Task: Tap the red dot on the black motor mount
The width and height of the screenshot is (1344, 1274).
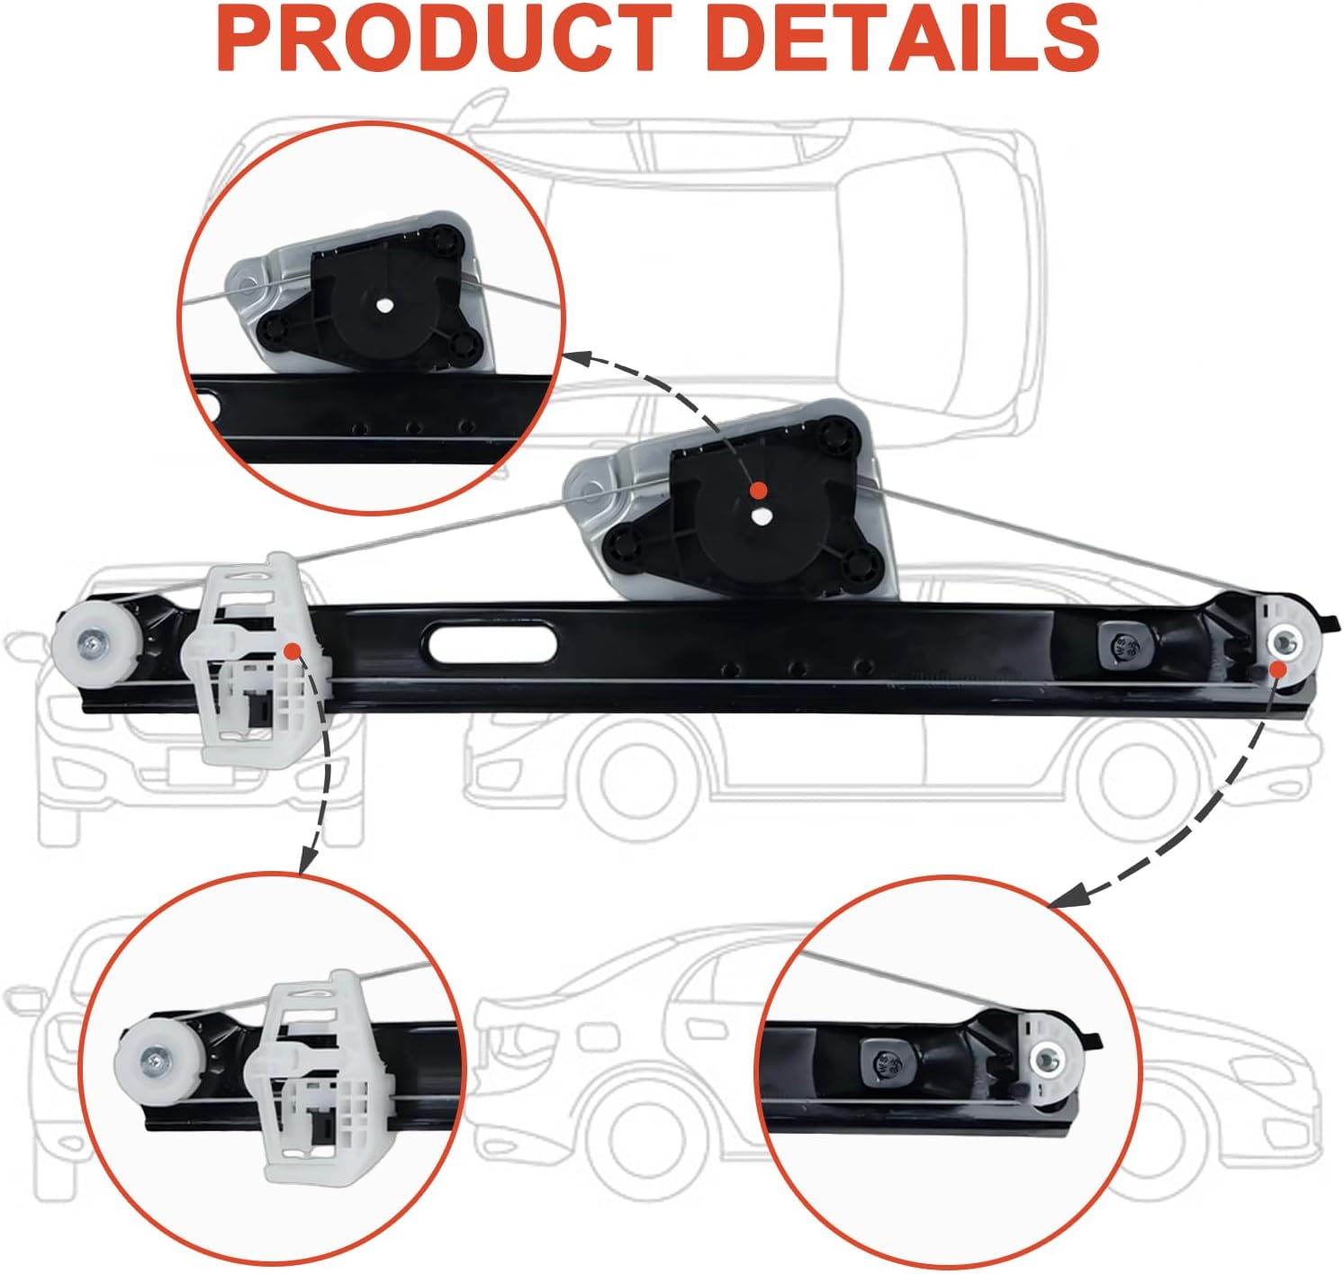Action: (759, 490)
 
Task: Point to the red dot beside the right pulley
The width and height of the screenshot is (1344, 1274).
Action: (1277, 668)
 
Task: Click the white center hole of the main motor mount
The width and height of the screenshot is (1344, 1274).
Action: (762, 517)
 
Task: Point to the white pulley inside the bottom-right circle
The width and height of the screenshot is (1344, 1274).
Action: (1049, 1061)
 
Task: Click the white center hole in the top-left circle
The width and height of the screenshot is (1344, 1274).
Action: (384, 305)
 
